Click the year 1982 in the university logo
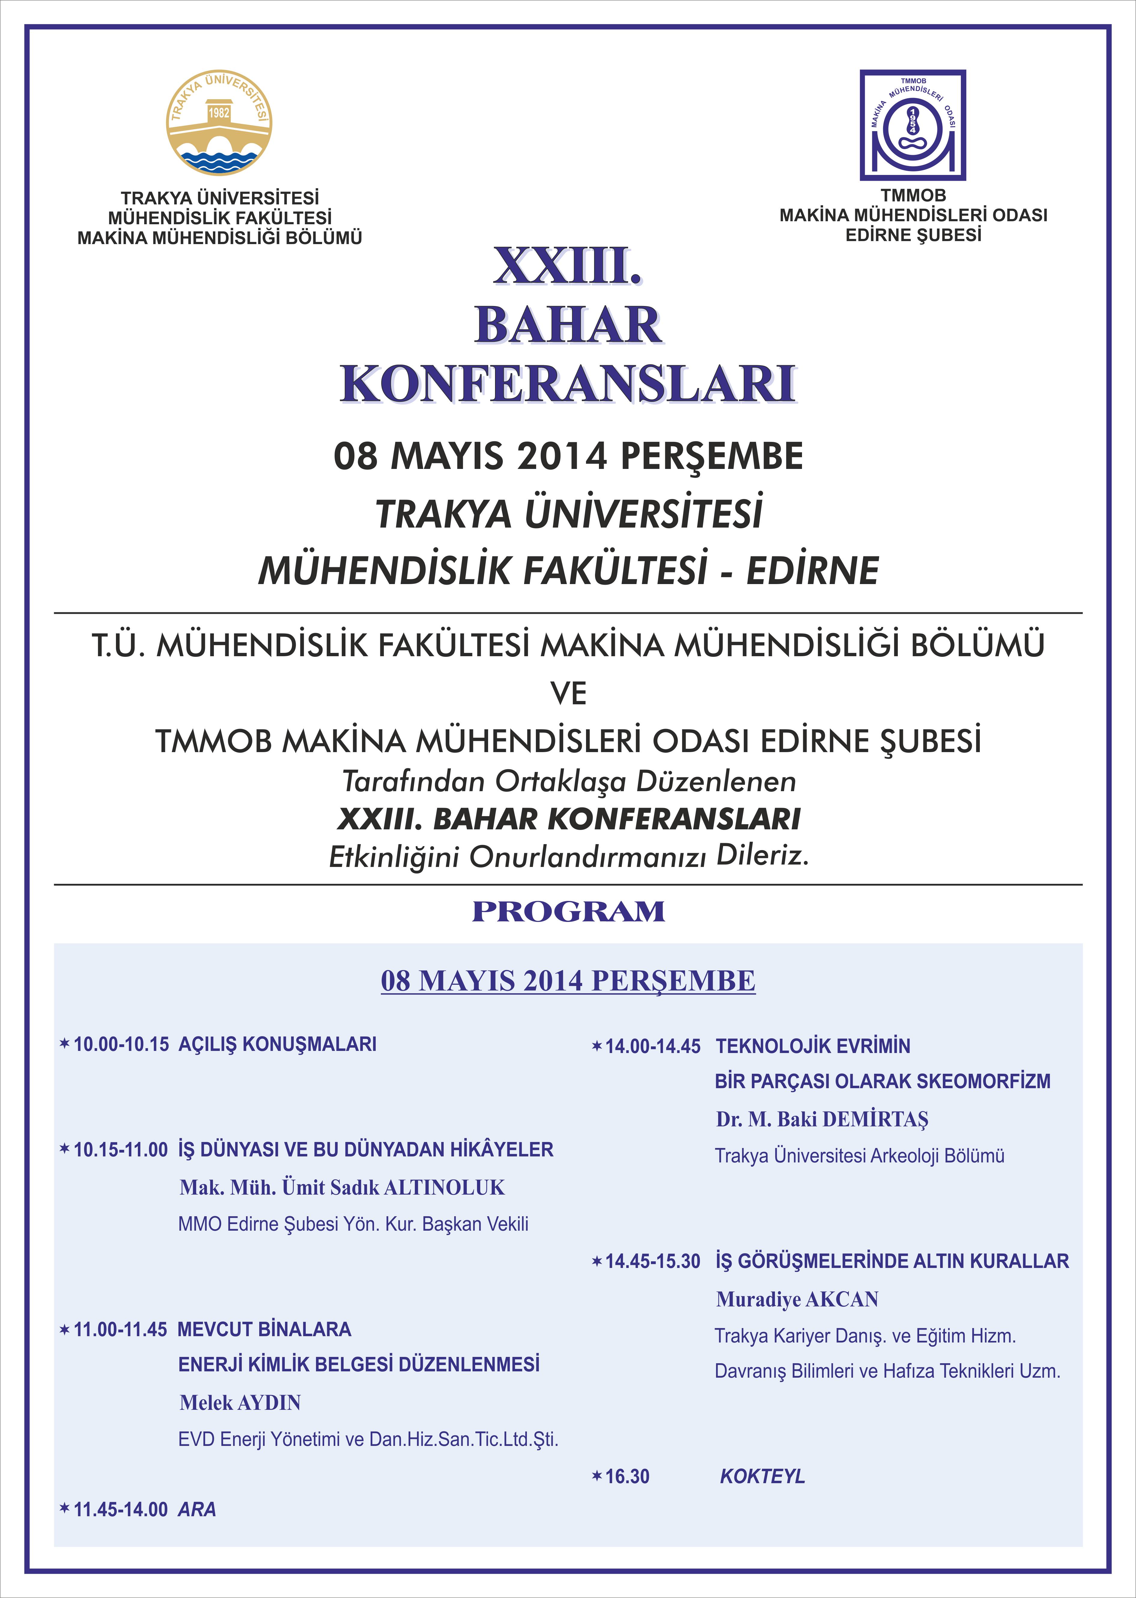click(219, 112)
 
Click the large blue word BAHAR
click(568, 326)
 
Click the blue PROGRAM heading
click(568, 911)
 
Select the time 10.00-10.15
click(121, 1044)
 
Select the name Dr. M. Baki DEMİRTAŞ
click(822, 1119)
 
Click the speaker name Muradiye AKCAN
click(797, 1299)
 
